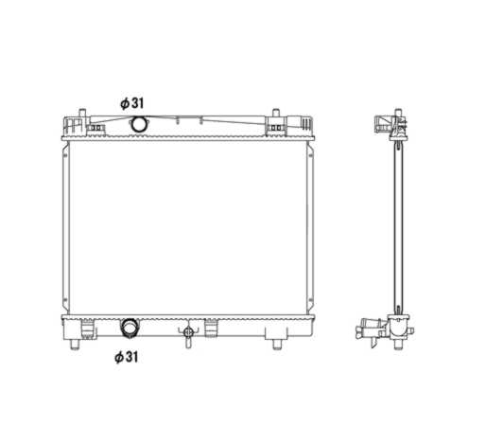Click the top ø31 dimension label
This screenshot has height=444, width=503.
[x=130, y=102]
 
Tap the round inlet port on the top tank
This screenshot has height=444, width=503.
[x=139, y=124]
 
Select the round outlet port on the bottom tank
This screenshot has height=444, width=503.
[x=129, y=328]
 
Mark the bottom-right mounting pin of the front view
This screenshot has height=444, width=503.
[x=277, y=342]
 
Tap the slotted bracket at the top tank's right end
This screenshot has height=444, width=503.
[x=301, y=124]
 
